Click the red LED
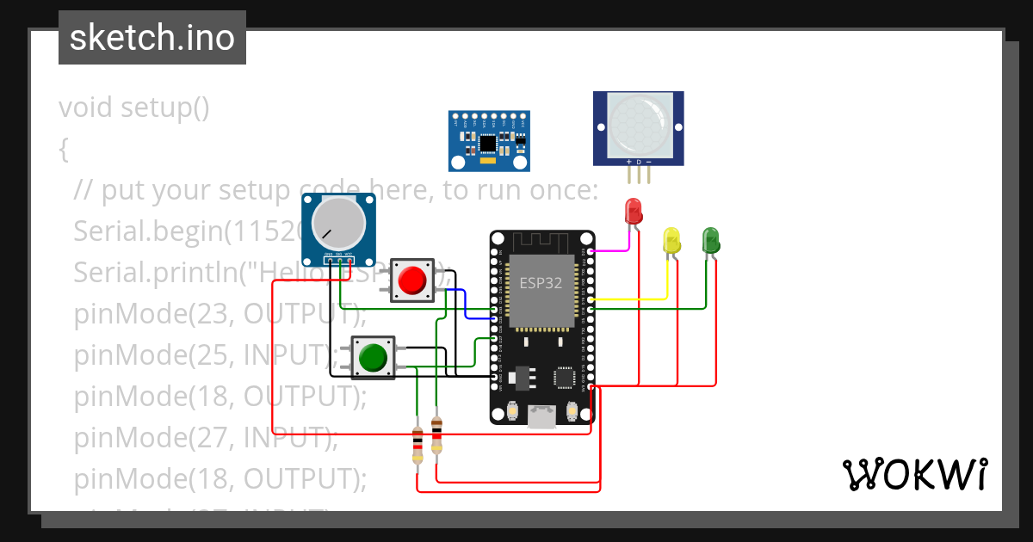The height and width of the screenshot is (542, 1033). (633, 211)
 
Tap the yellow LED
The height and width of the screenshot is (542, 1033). (671, 239)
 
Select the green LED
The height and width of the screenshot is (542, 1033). (710, 238)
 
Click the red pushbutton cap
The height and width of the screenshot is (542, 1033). (412, 280)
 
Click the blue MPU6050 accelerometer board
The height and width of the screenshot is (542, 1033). (488, 140)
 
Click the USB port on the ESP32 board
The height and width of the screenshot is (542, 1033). (541, 417)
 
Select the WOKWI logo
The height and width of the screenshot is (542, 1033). (914, 474)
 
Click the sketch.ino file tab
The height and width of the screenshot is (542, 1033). (152, 38)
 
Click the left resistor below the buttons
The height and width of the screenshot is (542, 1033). (418, 445)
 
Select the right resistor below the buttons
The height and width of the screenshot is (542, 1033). (436, 435)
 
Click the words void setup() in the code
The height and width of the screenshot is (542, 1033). (134, 108)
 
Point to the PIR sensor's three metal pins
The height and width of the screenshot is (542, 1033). (638, 175)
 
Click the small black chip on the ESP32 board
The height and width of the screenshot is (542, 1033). (565, 377)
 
